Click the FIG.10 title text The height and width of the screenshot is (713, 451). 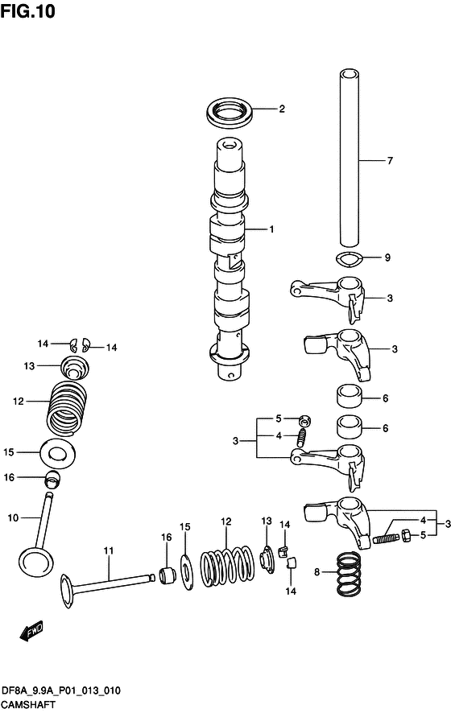tap(27, 11)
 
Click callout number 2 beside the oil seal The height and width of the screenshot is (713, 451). tap(282, 109)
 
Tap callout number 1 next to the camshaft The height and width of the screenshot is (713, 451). tap(271, 229)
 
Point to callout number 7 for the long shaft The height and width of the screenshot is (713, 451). tap(390, 160)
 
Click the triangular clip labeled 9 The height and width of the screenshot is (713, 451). tap(348, 260)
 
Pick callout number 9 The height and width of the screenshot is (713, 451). tap(387, 258)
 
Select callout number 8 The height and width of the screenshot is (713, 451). tap(317, 572)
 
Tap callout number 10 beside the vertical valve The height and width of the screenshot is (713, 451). tap(13, 518)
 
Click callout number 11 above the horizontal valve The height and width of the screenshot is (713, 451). tap(108, 551)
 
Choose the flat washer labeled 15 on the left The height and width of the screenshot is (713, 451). tap(58, 453)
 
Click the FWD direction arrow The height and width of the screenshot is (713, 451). tap(32, 633)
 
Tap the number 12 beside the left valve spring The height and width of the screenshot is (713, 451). tap(19, 401)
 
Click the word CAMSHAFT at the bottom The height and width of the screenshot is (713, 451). tap(27, 704)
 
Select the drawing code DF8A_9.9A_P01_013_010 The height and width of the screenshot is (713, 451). tap(60, 690)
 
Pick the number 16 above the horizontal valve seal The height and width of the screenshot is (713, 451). tap(166, 538)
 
